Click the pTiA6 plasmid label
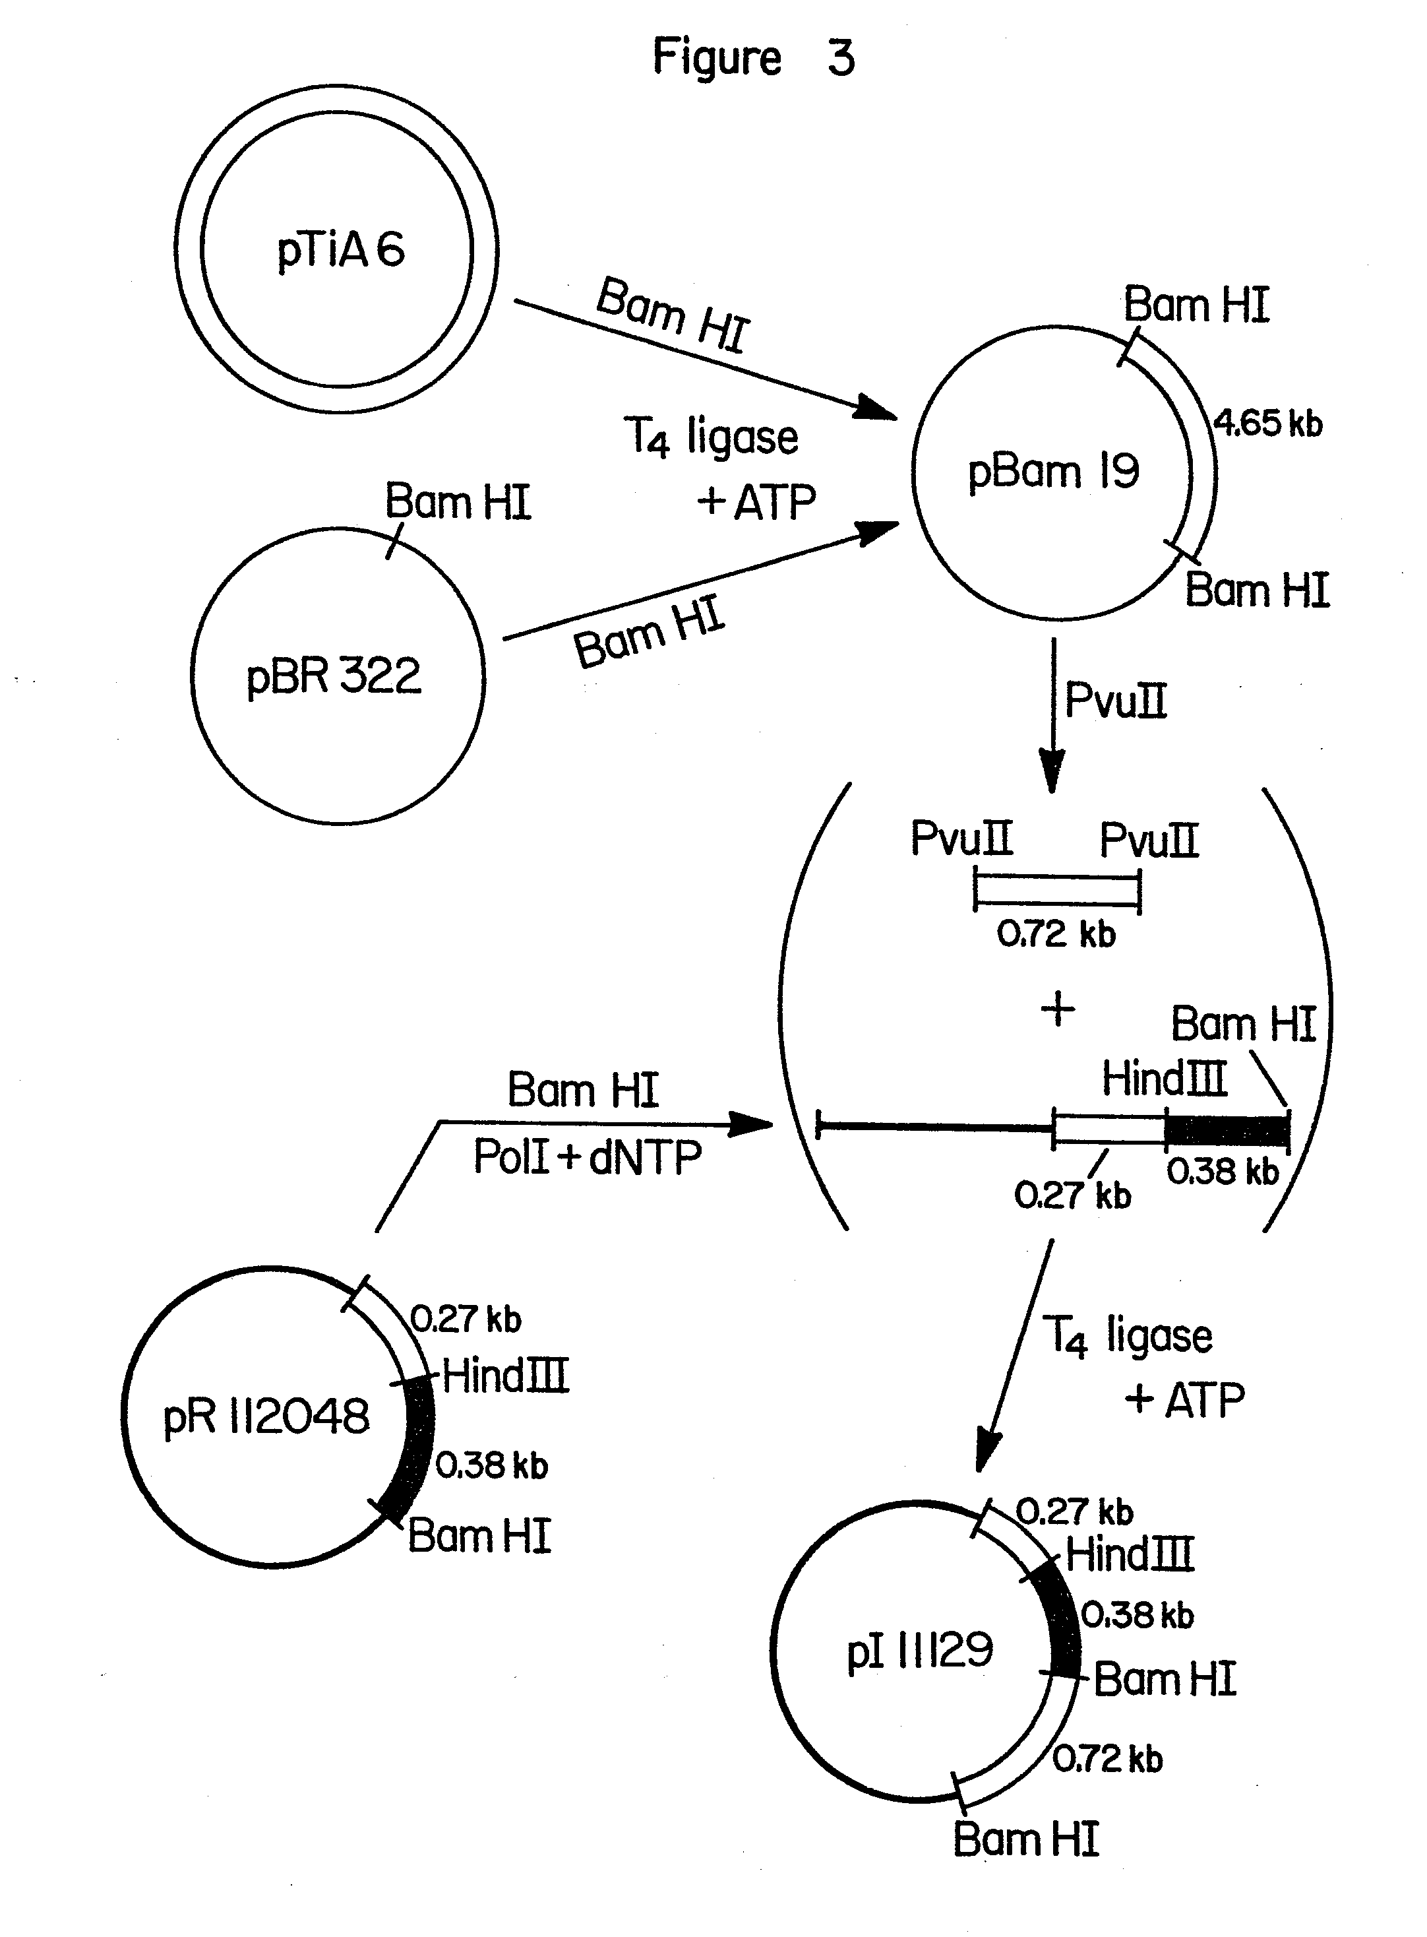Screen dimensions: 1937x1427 (x=340, y=251)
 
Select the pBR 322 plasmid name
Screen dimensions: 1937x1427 (x=334, y=676)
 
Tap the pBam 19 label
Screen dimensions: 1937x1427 (x=1053, y=472)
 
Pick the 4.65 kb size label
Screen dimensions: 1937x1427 (x=1267, y=424)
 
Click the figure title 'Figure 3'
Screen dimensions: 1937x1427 (x=752, y=58)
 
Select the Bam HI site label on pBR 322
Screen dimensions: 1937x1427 (x=457, y=502)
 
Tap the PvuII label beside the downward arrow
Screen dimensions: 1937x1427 (x=1115, y=700)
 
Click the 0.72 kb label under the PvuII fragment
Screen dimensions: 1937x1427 (x=1056, y=934)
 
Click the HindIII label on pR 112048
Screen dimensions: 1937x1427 (x=505, y=1376)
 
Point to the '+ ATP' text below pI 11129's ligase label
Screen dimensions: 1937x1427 (x=1184, y=1399)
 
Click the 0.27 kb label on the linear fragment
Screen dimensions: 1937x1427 (x=1072, y=1195)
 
